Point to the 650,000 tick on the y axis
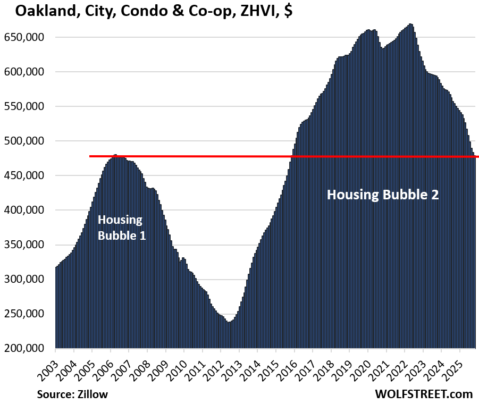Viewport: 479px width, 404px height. tap(28, 37)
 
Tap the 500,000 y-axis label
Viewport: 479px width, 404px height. tap(28, 141)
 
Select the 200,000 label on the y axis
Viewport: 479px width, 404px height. tap(28, 348)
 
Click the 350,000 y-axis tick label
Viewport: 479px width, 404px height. tap(28, 245)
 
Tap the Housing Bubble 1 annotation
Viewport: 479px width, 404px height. tap(121, 228)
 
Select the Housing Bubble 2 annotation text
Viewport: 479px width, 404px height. tap(382, 195)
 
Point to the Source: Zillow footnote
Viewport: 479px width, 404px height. tap(72, 394)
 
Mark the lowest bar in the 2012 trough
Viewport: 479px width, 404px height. tap(229, 335)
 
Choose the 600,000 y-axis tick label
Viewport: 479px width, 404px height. tap(28, 72)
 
